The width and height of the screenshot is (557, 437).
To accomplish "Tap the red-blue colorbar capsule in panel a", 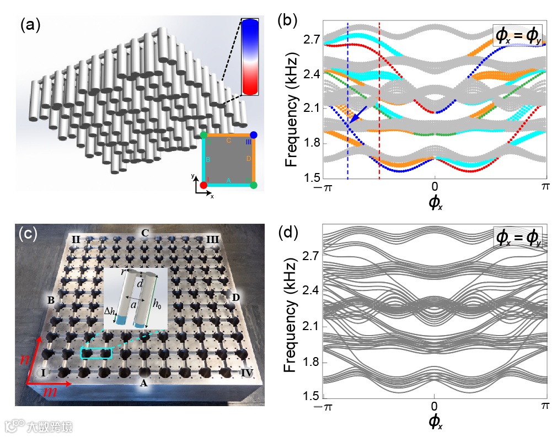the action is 250,57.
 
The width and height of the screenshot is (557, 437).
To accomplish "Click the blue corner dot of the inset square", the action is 253,135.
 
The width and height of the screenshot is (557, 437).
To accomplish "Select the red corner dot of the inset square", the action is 203,185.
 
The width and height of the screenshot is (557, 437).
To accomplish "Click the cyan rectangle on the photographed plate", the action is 97,353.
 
